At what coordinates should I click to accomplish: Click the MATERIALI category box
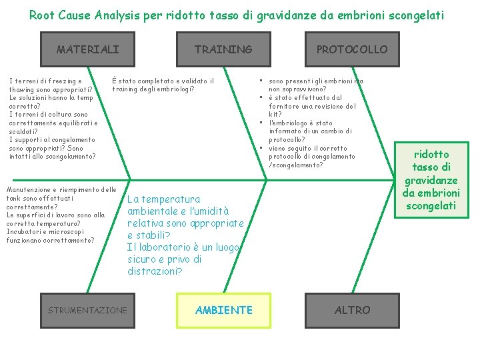tap(88, 49)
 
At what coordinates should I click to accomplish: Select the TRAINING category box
tap(223, 49)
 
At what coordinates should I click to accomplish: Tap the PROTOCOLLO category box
tap(351, 49)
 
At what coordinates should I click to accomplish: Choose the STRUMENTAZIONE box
tap(87, 310)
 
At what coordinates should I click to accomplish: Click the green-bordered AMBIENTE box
tap(223, 310)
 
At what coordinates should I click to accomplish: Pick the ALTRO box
tap(352, 310)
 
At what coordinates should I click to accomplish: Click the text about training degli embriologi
tap(163, 85)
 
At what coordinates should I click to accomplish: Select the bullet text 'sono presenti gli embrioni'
tap(316, 85)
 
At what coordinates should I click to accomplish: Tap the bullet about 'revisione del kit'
tap(312, 106)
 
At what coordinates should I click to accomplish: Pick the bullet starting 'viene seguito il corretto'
tap(311, 157)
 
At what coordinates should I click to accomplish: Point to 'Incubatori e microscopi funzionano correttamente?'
tap(50, 236)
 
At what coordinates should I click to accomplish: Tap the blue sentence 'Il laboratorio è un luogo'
tap(184, 259)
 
